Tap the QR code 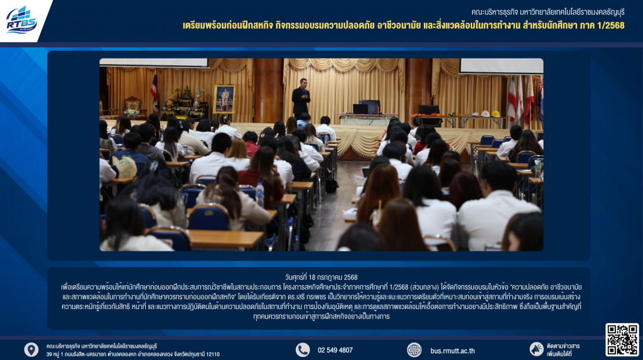(x=622, y=339)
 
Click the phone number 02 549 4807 (x=335, y=350)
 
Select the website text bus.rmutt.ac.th (x=452, y=351)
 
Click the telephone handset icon (x=303, y=350)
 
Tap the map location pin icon (x=31, y=350)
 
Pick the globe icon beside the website (x=414, y=350)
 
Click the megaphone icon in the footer (x=536, y=349)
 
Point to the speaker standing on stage (x=301, y=97)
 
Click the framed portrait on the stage (x=224, y=99)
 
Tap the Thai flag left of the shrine (x=154, y=91)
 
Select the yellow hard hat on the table (x=495, y=114)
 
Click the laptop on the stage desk (x=360, y=109)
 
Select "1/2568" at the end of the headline (x=610, y=26)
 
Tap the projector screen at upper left (x=154, y=62)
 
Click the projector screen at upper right (x=502, y=66)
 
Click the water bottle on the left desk (x=259, y=195)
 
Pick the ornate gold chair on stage (x=132, y=105)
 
